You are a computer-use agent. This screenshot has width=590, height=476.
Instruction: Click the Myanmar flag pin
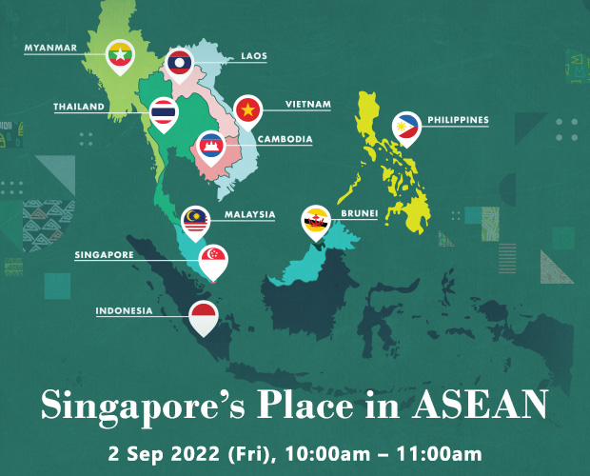[x=119, y=55]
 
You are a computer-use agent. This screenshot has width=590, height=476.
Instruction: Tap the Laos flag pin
[x=179, y=63]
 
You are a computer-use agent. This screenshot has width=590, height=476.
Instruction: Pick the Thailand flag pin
[x=164, y=112]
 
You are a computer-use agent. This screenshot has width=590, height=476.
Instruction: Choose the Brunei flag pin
[x=315, y=221]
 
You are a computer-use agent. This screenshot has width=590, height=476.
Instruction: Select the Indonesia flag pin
[x=204, y=314]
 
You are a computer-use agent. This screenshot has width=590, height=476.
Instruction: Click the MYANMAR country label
[x=51, y=45]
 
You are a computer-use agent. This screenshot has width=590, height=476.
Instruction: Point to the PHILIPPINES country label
[x=458, y=120]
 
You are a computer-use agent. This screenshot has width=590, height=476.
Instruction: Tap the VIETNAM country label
[x=308, y=104]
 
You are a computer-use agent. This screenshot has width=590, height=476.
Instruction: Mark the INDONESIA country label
[x=124, y=309]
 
